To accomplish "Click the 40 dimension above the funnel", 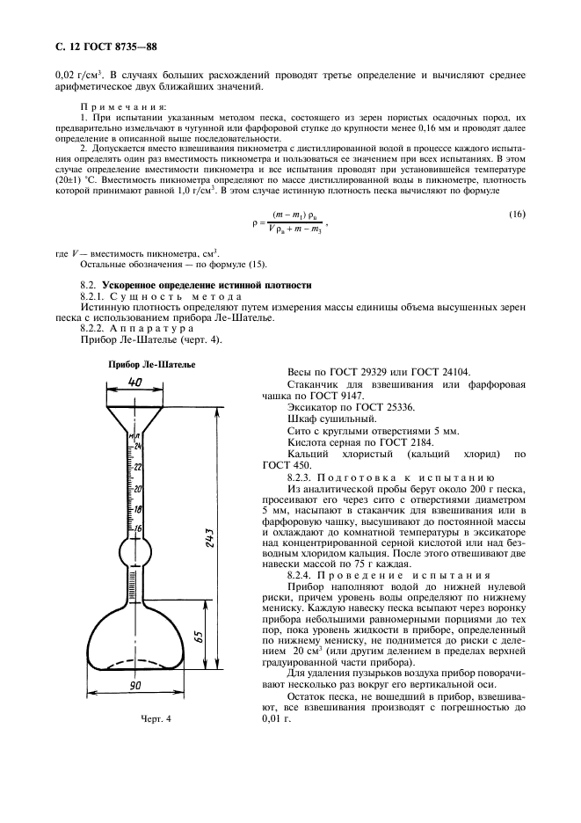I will click(x=134, y=382).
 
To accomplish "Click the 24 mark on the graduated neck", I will click(x=137, y=447).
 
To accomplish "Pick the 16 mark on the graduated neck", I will click(x=137, y=528).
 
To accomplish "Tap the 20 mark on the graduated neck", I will click(x=137, y=488).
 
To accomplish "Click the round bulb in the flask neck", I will click(x=136, y=553).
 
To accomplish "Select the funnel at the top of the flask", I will click(x=135, y=412).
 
